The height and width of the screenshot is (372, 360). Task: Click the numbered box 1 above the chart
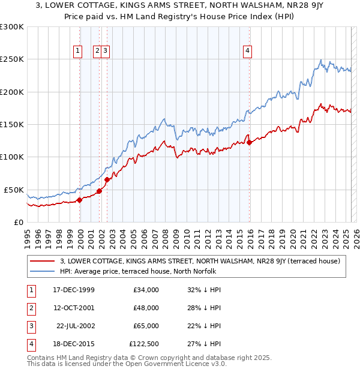click(78, 52)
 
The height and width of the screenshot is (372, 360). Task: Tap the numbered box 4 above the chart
click(247, 52)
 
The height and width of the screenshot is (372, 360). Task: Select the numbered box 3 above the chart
click(105, 52)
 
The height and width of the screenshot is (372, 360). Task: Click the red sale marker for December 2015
click(250, 142)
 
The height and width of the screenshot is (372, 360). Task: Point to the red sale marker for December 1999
click(79, 200)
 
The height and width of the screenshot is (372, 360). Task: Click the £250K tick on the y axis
click(11, 59)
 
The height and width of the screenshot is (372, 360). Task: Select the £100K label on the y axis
click(11, 157)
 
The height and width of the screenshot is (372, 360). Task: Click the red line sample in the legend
click(42, 261)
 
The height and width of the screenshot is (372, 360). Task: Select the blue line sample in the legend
click(42, 271)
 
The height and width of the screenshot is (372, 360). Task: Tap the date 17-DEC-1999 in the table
click(74, 290)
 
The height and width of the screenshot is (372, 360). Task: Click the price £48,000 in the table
click(146, 308)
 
